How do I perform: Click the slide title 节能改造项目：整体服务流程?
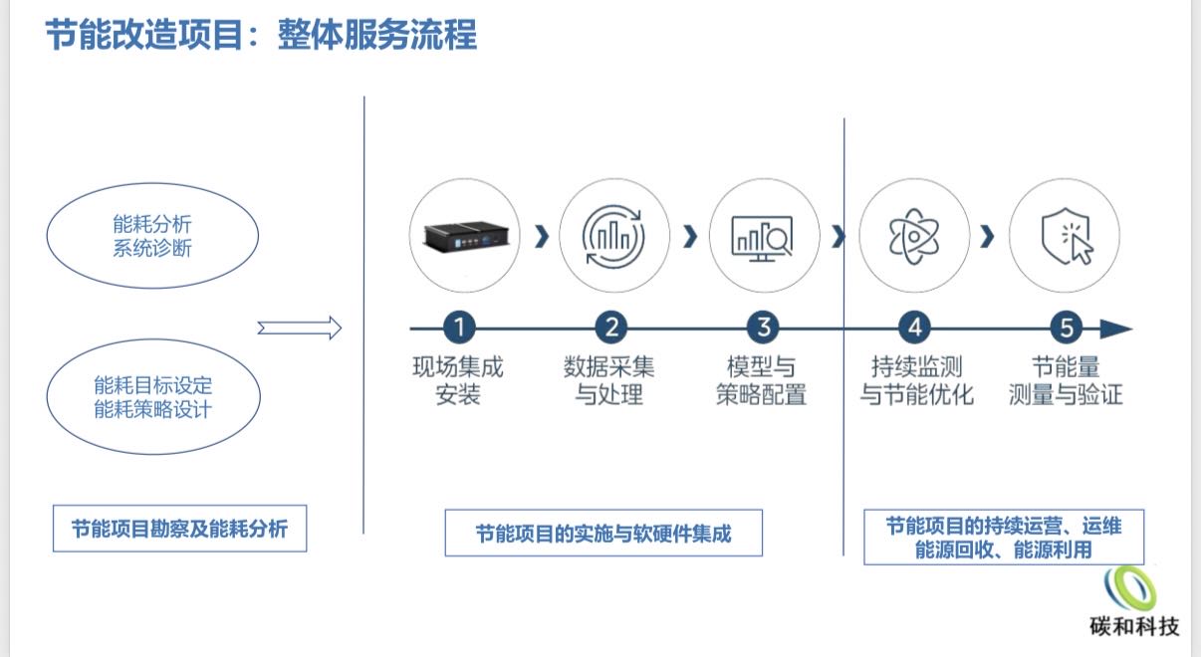pos(261,35)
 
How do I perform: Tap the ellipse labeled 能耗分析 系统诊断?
pos(152,236)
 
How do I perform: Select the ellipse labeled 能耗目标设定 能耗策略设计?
pos(152,397)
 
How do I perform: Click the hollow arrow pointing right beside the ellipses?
pos(299,328)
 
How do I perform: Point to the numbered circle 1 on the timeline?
pos(458,328)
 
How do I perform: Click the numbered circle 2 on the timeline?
pos(610,328)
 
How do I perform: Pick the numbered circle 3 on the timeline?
pos(763,328)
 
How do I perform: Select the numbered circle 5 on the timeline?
pos(1066,328)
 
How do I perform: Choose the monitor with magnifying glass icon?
pos(762,237)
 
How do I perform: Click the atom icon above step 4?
pos(913,237)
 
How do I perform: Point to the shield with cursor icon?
pos(1066,237)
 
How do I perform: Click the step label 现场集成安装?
pos(458,380)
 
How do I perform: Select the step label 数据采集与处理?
pos(609,380)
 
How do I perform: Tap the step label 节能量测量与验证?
pos(1066,380)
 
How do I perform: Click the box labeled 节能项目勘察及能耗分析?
pos(179,529)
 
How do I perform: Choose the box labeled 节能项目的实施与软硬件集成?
pos(603,533)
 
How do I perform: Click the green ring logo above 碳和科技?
pos(1134,588)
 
